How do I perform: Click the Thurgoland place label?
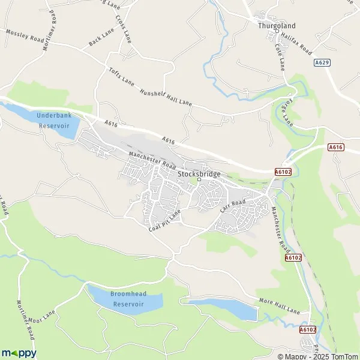[x=274, y=26]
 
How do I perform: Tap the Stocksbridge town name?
[x=199, y=173]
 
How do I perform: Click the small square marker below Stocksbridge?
[x=199, y=179]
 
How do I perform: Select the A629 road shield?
[x=322, y=62]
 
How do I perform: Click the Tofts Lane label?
[x=122, y=79]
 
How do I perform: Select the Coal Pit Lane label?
[x=165, y=220]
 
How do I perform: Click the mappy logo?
[x=19, y=353]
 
